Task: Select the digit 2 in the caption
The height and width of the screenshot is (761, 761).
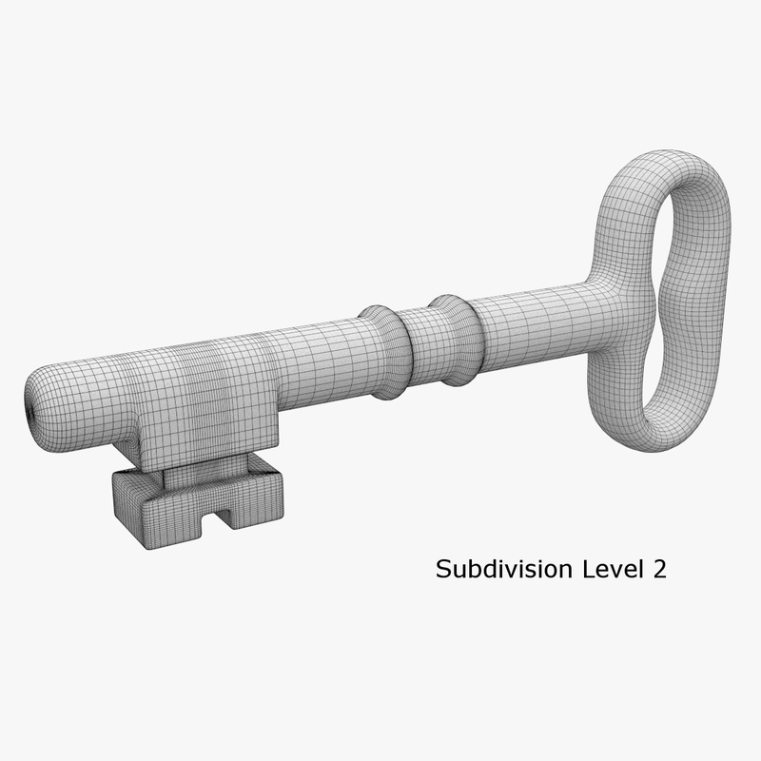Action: click(656, 569)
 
